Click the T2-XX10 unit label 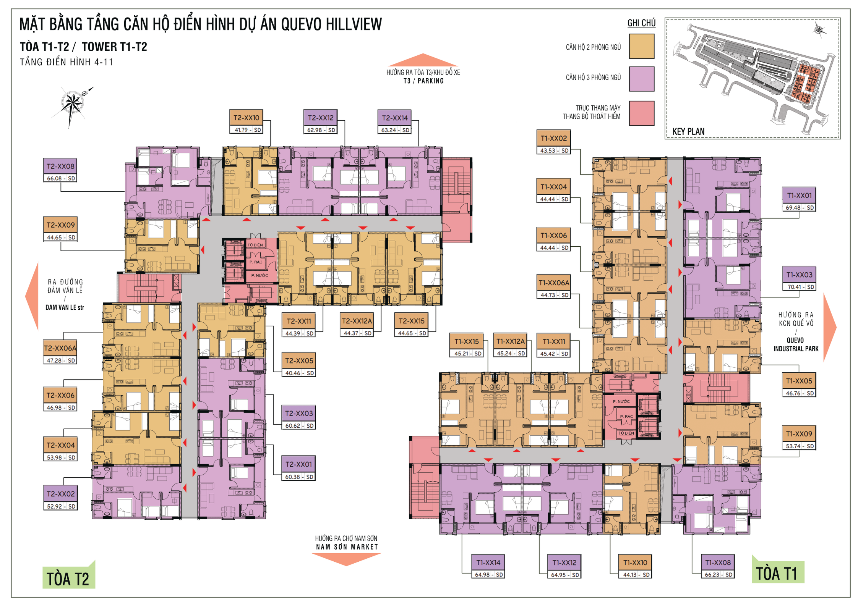[247, 118]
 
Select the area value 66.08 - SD [61, 178]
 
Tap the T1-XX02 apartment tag [554, 138]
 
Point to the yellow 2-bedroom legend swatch [642, 46]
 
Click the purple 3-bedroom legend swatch [642, 79]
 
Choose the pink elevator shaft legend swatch [642, 113]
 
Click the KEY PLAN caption [688, 131]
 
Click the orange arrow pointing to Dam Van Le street [33, 296]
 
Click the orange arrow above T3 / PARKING [423, 60]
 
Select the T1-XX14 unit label [488, 562]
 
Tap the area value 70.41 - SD [799, 287]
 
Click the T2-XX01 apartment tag [299, 464]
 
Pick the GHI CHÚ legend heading [641, 23]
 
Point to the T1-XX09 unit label [799, 434]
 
